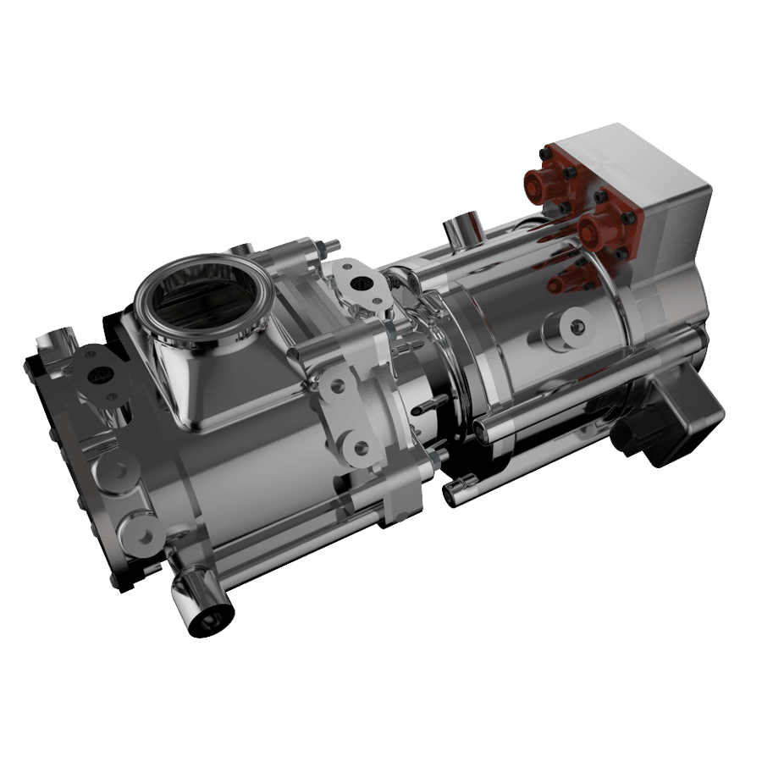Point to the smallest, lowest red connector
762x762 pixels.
point(560,283)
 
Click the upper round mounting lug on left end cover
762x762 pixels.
point(117,468)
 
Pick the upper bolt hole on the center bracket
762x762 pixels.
point(338,386)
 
